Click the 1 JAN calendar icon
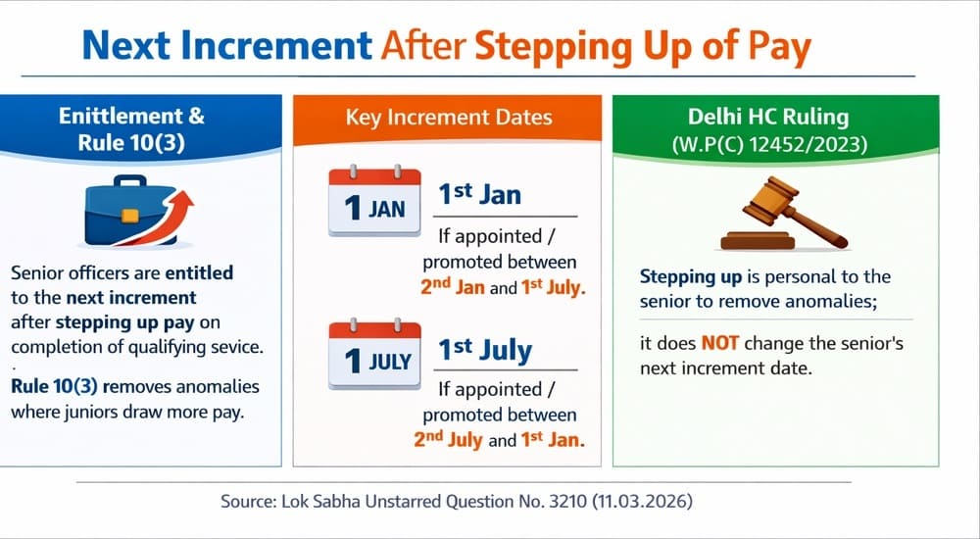tap(373, 202)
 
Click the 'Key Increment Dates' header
tap(449, 119)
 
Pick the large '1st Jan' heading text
tap(479, 194)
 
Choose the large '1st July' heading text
tap(484, 350)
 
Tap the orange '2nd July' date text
tap(448, 440)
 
